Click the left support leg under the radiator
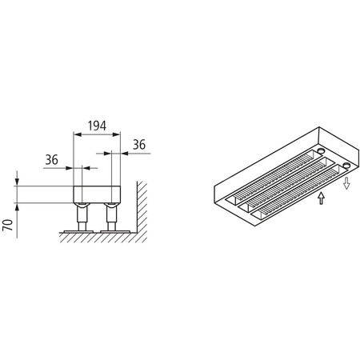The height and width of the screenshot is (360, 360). coord(81,215)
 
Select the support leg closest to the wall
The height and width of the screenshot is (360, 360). coord(110,215)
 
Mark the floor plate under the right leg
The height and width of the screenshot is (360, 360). coord(111,231)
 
